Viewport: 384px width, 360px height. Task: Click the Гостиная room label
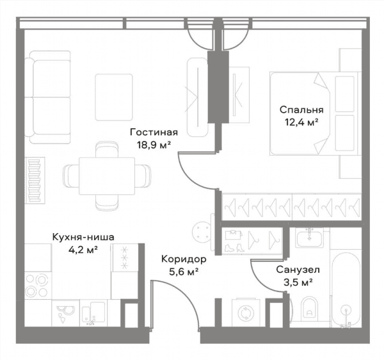pos(154,133)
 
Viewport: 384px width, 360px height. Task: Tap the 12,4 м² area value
pos(301,122)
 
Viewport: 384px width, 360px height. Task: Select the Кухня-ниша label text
pos(83,237)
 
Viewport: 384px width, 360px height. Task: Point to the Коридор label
pos(184,259)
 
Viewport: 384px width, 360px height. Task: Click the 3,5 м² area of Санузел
pos(298,282)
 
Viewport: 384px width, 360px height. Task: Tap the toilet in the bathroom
pos(309,309)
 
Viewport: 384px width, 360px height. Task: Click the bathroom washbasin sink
pos(309,237)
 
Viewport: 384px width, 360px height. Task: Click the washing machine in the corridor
pos(246,313)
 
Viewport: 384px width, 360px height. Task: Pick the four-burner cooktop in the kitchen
pos(38,286)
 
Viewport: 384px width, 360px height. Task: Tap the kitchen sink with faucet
pos(94,313)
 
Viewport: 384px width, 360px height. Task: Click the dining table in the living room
pos(107,176)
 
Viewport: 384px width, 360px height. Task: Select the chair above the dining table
pos(107,149)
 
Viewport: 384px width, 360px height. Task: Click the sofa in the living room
pos(48,97)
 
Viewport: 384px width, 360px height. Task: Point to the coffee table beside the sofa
pos(114,97)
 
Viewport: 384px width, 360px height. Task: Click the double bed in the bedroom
pos(314,114)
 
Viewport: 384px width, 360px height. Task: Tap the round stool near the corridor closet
pos(202,232)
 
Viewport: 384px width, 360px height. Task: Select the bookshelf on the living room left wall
pos(35,181)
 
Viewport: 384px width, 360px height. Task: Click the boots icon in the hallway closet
pos(234,248)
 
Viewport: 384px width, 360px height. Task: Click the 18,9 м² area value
pos(154,145)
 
